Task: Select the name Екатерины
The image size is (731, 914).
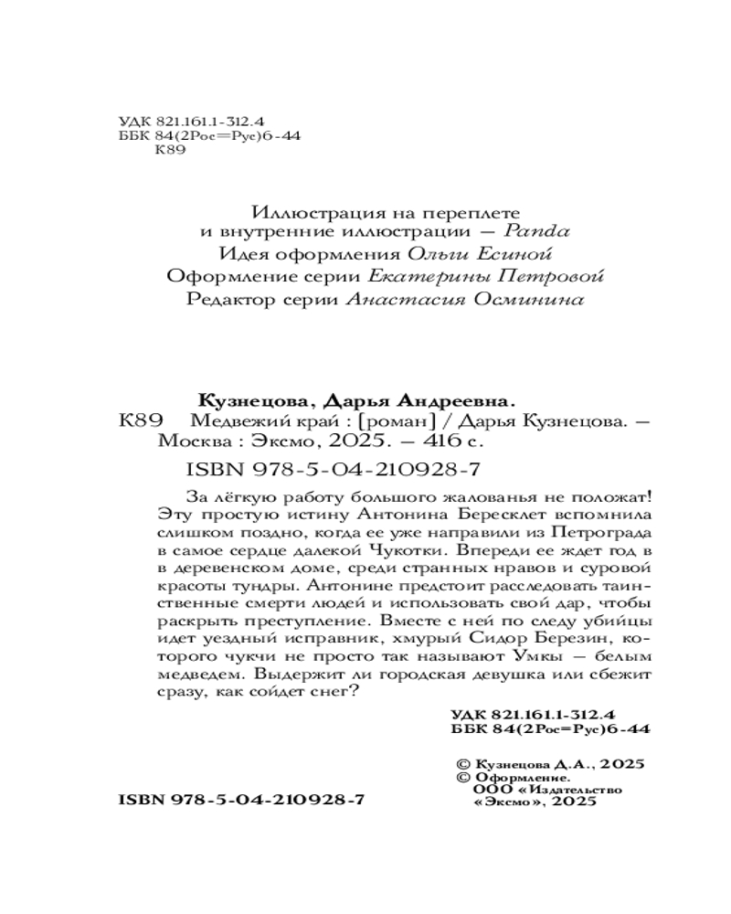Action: [x=434, y=277]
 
